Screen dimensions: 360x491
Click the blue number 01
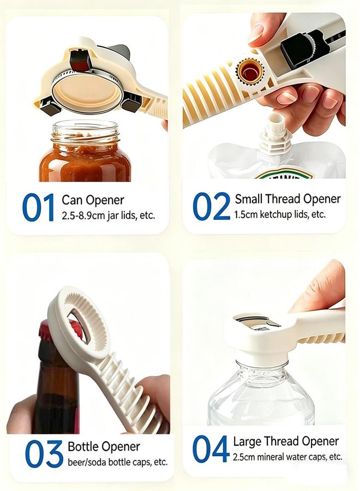[x=38, y=207]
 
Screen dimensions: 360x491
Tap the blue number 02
[x=211, y=206]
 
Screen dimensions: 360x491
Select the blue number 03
[x=44, y=453]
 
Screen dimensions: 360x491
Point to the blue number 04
[x=211, y=449]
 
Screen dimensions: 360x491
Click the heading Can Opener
[x=93, y=200]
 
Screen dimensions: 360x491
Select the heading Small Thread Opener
[x=287, y=199]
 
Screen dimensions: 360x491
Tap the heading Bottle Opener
[x=104, y=446]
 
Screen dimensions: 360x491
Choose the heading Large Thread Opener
[x=286, y=441]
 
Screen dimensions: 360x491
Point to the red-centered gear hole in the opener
[x=249, y=71]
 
